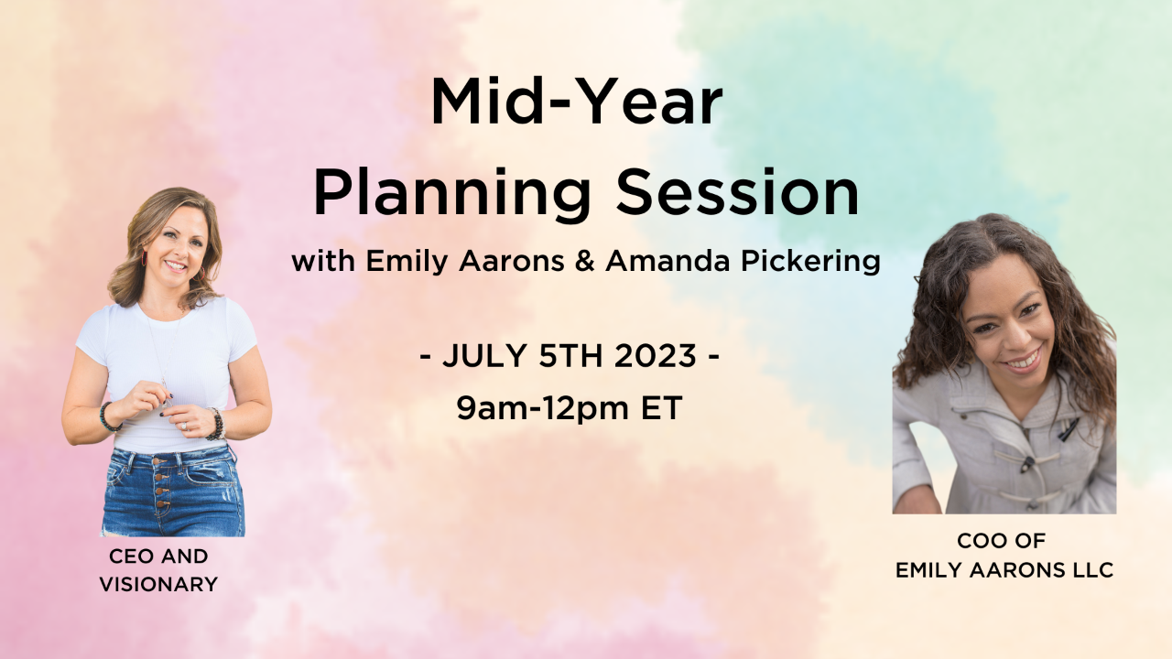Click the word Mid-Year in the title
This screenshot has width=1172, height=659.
click(577, 102)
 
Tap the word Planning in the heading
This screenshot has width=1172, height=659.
click(452, 193)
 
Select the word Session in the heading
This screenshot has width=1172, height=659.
click(738, 192)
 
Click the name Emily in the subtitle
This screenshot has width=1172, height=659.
click(407, 261)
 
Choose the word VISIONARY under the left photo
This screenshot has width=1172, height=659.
click(158, 584)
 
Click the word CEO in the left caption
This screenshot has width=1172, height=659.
click(129, 556)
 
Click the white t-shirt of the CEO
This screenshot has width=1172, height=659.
click(168, 366)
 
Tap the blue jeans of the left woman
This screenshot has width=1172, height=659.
click(173, 491)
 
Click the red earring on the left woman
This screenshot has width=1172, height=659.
click(144, 257)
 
